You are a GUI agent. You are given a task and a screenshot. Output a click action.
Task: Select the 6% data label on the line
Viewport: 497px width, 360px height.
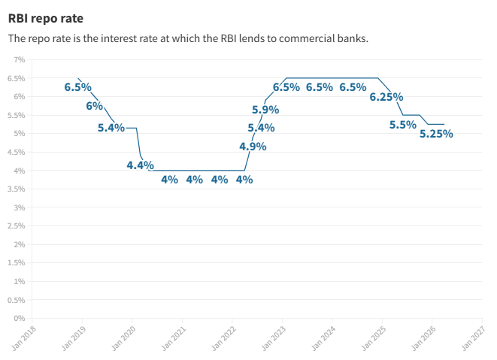[x=95, y=106]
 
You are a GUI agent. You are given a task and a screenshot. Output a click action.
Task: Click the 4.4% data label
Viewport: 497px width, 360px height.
[x=140, y=165]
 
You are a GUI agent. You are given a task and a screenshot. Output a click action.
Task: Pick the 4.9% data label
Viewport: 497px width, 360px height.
[x=253, y=147]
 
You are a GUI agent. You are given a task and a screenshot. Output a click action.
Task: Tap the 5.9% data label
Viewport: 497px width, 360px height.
[x=265, y=110]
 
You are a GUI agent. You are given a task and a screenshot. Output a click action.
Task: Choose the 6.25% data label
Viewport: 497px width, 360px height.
[x=386, y=97]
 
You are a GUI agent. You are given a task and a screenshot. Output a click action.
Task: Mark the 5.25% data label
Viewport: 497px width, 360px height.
[x=436, y=135]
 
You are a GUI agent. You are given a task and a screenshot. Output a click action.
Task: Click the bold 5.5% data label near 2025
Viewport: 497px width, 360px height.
[x=403, y=125]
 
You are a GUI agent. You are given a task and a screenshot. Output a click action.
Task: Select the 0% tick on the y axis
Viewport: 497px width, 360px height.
[x=20, y=318]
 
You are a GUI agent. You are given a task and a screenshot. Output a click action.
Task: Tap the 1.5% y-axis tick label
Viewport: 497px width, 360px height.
[x=17, y=262]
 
